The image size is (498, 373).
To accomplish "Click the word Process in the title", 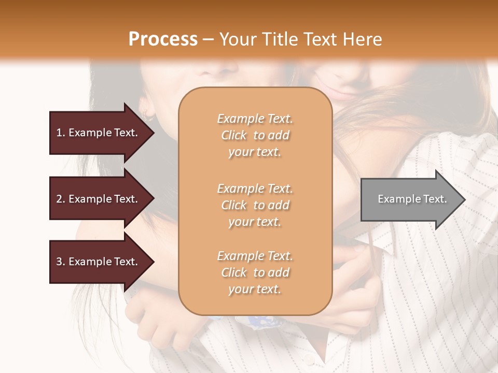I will pyautogui.click(x=163, y=39).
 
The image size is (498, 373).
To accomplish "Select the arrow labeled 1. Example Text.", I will pyautogui.click(x=99, y=133).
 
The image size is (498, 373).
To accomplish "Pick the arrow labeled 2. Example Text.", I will pyautogui.click(x=99, y=199).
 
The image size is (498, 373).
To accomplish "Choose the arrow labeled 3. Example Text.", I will pyautogui.click(x=99, y=262).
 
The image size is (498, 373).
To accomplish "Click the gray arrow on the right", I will pyautogui.click(x=410, y=199).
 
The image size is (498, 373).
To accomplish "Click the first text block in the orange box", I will pyautogui.click(x=255, y=135).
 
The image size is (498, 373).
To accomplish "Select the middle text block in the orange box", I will pyautogui.click(x=255, y=205).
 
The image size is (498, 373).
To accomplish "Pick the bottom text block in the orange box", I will pyautogui.click(x=255, y=272).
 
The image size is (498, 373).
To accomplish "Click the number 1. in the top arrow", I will pyautogui.click(x=61, y=133).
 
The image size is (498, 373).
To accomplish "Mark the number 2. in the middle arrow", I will pyautogui.click(x=61, y=199).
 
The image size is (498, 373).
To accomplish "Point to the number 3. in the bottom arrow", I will pyautogui.click(x=61, y=262).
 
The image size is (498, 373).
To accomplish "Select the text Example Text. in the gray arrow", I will pyautogui.click(x=412, y=199).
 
